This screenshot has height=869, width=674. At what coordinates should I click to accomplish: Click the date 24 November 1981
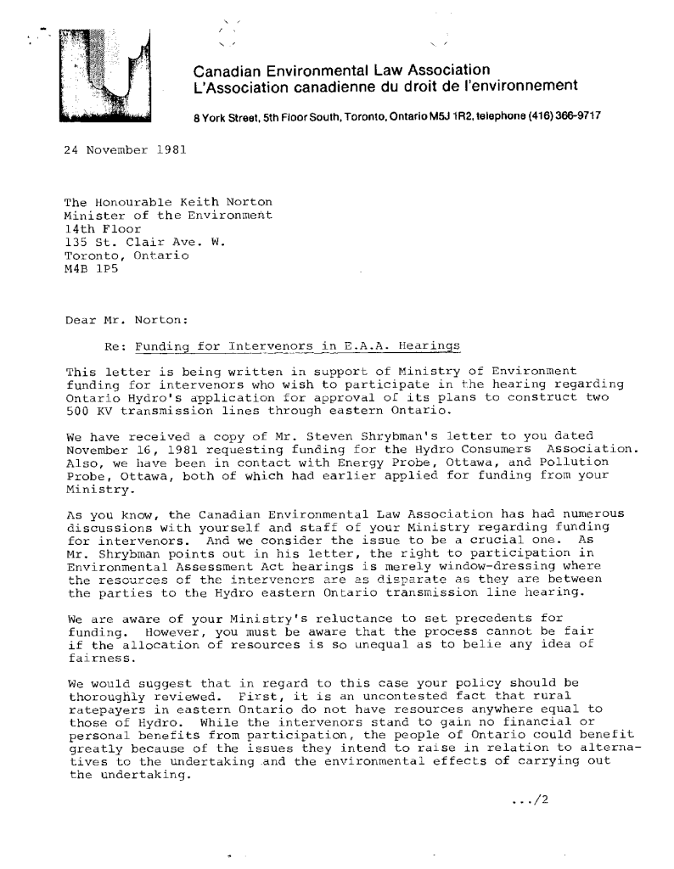point(115,150)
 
